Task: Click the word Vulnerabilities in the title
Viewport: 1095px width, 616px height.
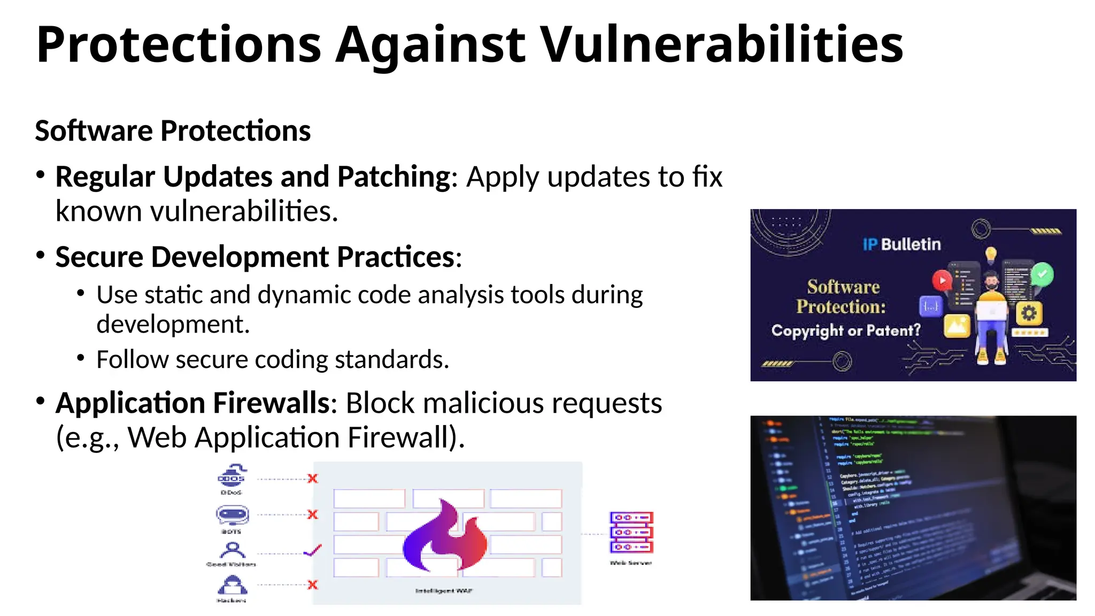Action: click(721, 45)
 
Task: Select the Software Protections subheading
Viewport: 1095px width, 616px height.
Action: click(173, 131)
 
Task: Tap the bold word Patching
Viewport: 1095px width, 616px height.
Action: click(394, 177)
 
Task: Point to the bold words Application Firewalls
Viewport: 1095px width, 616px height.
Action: click(193, 403)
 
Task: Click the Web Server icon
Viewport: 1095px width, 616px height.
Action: click(631, 533)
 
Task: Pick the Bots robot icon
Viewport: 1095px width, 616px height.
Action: click(232, 515)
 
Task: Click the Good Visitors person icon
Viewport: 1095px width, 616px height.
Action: click(232, 550)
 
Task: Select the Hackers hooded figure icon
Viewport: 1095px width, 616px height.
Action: click(232, 585)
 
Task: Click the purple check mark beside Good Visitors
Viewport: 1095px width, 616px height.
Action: click(313, 550)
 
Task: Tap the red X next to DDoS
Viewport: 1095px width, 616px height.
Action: click(313, 479)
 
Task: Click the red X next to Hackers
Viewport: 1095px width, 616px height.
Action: click(313, 585)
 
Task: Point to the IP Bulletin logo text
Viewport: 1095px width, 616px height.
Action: click(901, 245)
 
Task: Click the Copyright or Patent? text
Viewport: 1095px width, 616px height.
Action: click(846, 331)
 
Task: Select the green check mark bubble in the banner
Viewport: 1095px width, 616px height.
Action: click(1042, 274)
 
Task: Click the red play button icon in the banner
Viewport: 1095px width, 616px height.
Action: click(942, 280)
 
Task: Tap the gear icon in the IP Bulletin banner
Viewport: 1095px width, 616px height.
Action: click(1029, 313)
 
